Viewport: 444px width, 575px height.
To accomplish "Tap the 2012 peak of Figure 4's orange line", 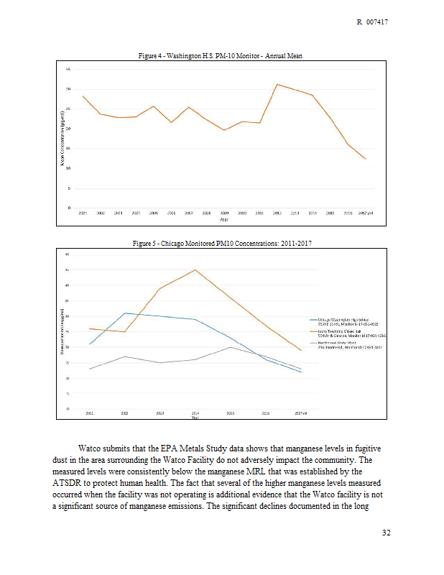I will pos(277,84).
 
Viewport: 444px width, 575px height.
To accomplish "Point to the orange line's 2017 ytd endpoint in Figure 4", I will pos(366,159).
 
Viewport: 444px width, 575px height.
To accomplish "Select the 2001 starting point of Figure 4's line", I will pos(83,96).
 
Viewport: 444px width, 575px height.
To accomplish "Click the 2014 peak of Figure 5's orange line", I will pos(195,270).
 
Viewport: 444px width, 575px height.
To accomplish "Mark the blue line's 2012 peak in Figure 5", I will pos(125,313).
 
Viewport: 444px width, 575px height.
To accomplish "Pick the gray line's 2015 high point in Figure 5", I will pos(230,347).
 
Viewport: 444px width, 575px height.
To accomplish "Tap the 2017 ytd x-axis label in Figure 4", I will pos(366,213).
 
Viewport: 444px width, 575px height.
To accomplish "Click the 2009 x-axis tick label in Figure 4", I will pos(224,213).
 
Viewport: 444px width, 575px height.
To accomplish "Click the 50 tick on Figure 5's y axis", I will pos(67,254).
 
